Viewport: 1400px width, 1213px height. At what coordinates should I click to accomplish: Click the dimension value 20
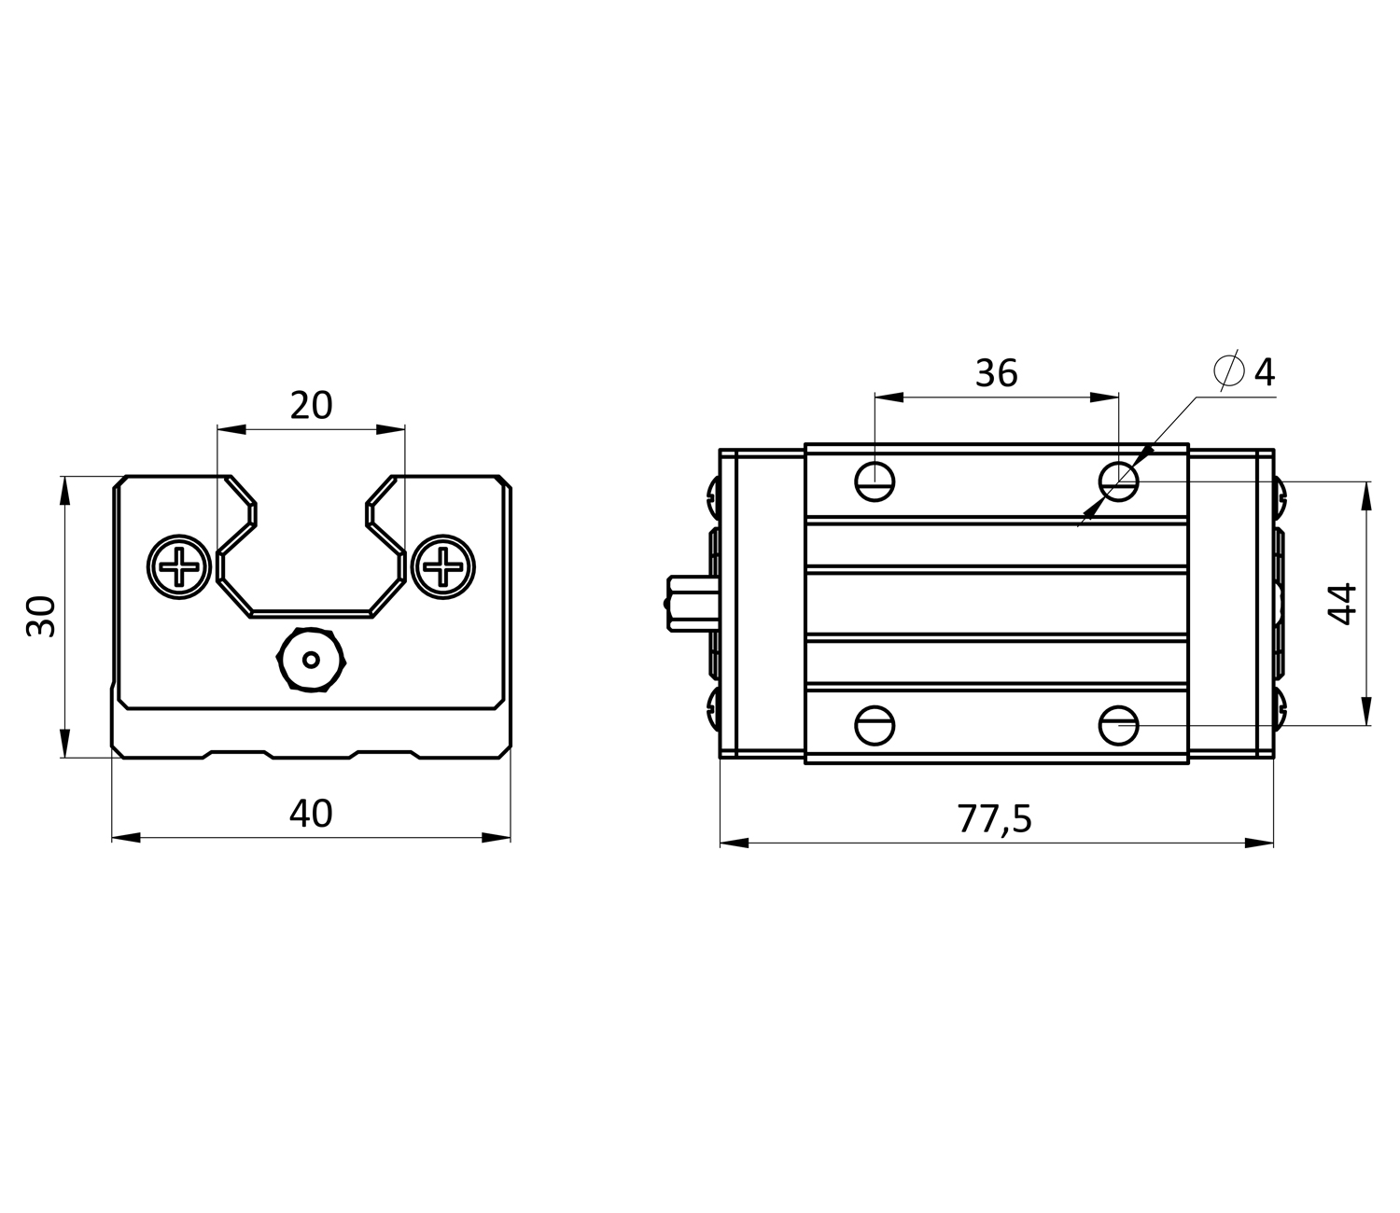[311, 406]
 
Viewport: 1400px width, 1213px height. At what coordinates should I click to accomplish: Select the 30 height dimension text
[41, 616]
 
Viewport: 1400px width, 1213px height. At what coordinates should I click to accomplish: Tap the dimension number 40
[311, 814]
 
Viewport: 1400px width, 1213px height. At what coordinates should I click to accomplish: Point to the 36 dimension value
[996, 373]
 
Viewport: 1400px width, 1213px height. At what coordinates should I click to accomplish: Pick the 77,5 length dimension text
[994, 819]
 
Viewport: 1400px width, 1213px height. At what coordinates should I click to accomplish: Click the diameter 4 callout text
[1245, 371]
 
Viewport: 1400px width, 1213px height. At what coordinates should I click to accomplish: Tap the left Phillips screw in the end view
[179, 566]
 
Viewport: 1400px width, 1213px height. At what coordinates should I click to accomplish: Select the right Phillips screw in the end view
[443, 566]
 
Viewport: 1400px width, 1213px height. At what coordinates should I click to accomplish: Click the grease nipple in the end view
[312, 660]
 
